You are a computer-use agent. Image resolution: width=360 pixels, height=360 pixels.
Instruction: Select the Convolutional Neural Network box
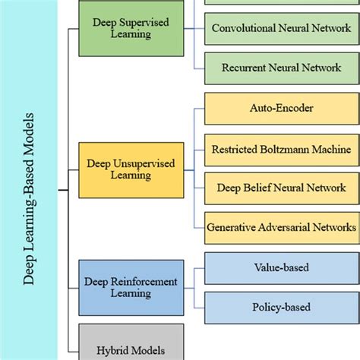(x=281, y=29)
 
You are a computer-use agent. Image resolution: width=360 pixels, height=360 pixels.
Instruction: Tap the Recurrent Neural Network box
(x=281, y=68)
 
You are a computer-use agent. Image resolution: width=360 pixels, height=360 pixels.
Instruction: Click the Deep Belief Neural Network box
(x=281, y=187)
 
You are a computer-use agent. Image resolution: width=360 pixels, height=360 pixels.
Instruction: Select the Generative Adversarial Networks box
(x=281, y=226)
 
